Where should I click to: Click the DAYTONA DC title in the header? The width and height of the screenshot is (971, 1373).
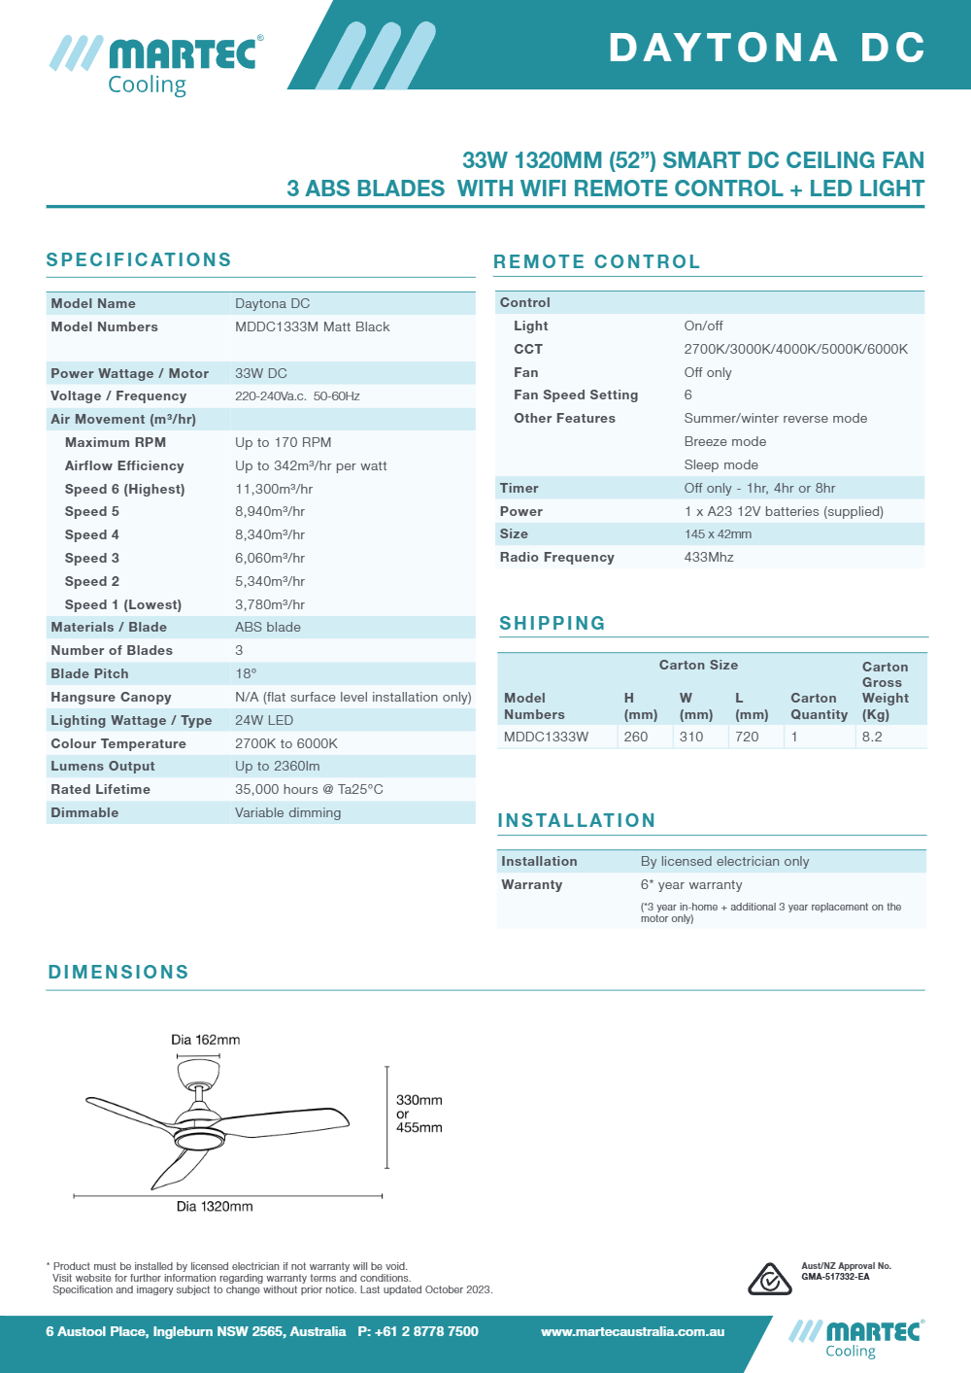tap(767, 48)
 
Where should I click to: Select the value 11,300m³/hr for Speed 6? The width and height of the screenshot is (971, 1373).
tap(274, 489)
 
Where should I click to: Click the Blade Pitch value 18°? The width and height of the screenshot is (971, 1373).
tap(246, 673)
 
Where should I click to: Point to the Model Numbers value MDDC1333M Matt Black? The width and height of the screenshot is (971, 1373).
tap(312, 326)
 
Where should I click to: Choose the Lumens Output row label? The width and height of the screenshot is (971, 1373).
tap(103, 766)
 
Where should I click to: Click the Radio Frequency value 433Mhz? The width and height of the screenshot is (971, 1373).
tap(709, 557)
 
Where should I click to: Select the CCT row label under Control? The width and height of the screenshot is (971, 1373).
tap(528, 349)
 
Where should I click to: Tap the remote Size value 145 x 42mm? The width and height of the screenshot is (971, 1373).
tap(718, 533)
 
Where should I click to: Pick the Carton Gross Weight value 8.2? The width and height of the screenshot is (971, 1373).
tap(872, 737)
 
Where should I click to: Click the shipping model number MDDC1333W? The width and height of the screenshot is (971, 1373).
tap(546, 737)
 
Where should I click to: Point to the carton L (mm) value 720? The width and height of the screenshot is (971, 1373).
tap(747, 737)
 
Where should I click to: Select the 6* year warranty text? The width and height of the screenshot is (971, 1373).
tap(691, 884)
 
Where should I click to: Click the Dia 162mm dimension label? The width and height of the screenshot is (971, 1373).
tap(206, 1040)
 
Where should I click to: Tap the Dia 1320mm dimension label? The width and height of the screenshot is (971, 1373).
tap(215, 1206)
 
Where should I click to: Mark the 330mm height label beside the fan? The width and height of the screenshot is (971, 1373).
tap(419, 1100)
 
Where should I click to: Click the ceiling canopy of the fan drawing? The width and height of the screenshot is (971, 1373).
tap(198, 1073)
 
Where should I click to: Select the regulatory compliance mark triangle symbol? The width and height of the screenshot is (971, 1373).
tap(769, 1279)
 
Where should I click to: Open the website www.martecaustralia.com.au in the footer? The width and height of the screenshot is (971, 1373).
tap(633, 1331)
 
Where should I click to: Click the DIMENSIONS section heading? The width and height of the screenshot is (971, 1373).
tap(118, 972)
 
